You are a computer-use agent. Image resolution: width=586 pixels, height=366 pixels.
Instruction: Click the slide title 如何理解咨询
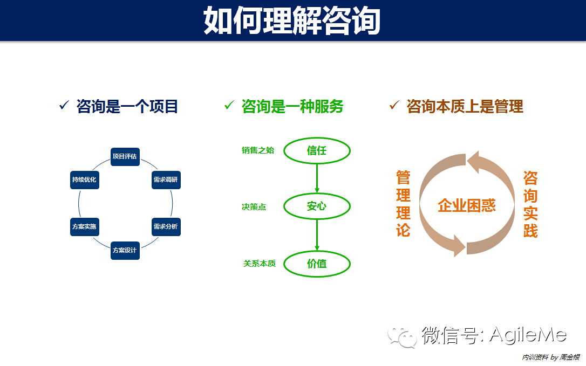(292, 20)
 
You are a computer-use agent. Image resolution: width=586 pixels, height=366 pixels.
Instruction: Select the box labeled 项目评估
(125, 157)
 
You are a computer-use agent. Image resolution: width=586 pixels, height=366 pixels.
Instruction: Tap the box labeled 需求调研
(166, 180)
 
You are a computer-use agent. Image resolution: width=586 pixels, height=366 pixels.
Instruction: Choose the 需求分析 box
(166, 227)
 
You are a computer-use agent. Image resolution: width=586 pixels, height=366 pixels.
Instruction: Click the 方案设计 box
(125, 251)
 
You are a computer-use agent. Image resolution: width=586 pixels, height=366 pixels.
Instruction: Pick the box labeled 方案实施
(84, 227)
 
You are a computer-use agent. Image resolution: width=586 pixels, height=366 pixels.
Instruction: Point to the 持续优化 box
(84, 180)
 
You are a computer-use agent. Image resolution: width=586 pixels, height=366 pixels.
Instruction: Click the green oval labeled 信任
(317, 150)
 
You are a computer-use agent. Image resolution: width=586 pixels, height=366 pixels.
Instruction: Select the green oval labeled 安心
(317, 206)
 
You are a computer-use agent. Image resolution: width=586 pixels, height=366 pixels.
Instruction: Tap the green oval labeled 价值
(317, 264)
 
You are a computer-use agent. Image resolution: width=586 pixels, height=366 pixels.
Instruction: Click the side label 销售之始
(258, 150)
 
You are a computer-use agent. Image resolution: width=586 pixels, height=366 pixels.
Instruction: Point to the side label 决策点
(254, 207)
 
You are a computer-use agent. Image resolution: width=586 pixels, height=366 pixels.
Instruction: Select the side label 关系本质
(260, 264)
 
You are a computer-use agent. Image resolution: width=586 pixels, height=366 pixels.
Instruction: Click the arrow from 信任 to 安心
(317, 178)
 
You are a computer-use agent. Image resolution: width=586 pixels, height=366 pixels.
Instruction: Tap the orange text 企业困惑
(467, 205)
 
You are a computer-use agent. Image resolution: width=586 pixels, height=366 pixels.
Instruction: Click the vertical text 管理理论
(403, 204)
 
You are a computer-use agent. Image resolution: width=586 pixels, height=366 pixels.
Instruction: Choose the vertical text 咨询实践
(530, 204)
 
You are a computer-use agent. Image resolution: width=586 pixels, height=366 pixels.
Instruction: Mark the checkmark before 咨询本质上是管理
(394, 105)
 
